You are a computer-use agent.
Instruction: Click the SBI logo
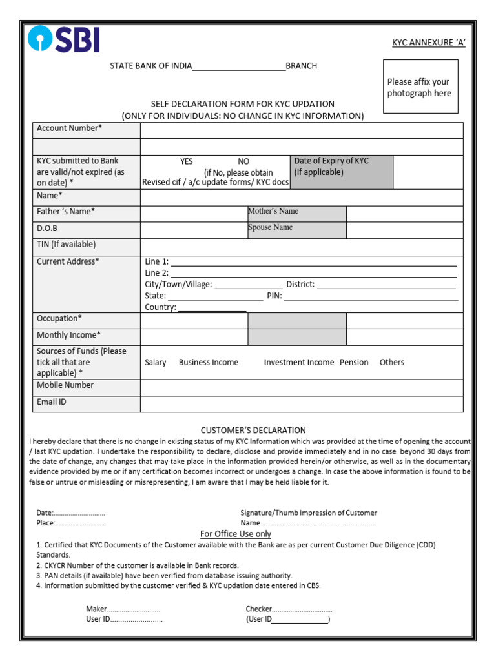[x=63, y=39]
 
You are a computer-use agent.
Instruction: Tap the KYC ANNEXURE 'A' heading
[x=429, y=43]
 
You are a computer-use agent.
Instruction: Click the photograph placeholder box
[x=420, y=86]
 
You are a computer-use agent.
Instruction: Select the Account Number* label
[x=70, y=128]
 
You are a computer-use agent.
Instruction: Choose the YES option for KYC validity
[x=186, y=161]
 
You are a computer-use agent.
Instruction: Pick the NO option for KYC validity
[x=243, y=161]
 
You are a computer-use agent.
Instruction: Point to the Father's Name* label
[x=66, y=212]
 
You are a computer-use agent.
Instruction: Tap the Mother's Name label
[x=273, y=211]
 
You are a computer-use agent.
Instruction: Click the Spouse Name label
[x=270, y=227]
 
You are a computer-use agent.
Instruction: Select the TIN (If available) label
[x=66, y=245]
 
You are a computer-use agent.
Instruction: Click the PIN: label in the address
[x=274, y=296]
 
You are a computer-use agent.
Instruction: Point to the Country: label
[x=160, y=307]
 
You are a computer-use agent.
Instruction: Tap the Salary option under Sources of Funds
[x=156, y=363]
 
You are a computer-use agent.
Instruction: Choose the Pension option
[x=354, y=363]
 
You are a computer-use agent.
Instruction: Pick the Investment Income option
[x=298, y=363]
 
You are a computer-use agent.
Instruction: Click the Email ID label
[x=52, y=402]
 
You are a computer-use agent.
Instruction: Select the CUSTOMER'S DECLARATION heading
[x=253, y=431]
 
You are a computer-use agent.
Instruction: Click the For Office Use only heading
[x=236, y=534]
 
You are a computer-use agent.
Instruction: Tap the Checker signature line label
[x=258, y=609]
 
